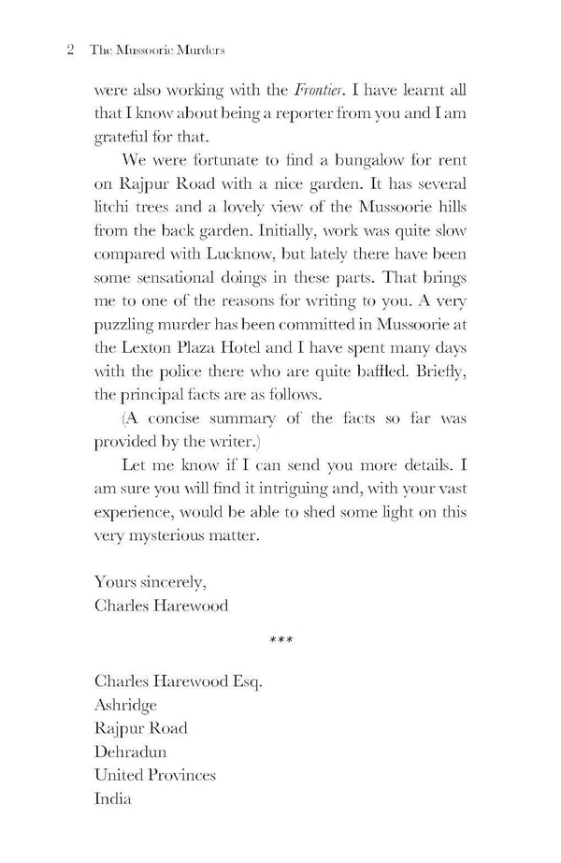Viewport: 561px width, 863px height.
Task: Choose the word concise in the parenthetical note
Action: click(x=190, y=486)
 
